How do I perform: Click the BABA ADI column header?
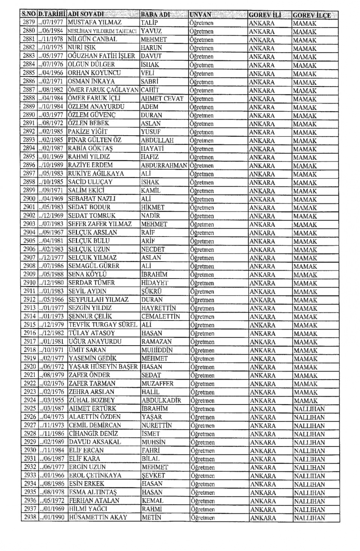(155, 15)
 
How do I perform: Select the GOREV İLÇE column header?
(312, 15)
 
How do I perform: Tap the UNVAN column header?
(201, 15)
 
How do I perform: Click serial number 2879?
(29, 22)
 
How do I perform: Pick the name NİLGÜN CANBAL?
(92, 39)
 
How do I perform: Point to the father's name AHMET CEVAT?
(162, 99)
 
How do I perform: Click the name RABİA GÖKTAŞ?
(90, 148)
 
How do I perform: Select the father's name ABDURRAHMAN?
(164, 165)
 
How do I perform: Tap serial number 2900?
(29, 199)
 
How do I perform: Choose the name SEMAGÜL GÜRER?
(94, 266)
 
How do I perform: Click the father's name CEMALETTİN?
(160, 316)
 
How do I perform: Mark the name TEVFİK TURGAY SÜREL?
(103, 325)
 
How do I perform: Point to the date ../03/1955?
(51, 400)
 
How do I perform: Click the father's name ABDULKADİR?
(161, 400)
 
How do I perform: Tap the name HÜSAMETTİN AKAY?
(99, 518)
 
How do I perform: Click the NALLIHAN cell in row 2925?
(309, 409)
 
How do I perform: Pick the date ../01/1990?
(51, 518)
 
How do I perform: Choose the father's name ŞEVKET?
(153, 475)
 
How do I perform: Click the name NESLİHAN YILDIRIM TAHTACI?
(102, 31)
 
